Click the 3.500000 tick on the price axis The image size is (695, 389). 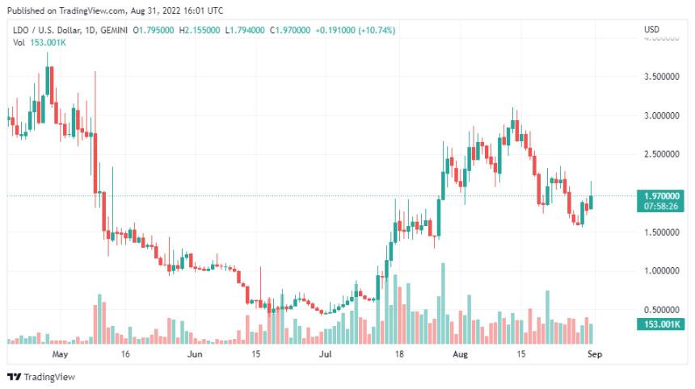pos(661,77)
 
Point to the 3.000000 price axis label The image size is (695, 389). pos(661,115)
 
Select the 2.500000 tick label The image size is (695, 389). pos(661,154)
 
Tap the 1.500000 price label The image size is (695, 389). pos(661,232)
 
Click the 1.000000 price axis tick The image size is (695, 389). pos(661,271)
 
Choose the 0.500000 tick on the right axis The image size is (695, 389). pos(661,310)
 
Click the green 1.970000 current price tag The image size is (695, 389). pos(661,195)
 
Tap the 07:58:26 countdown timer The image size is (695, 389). pos(661,206)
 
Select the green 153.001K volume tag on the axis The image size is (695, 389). pos(661,324)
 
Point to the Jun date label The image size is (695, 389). pos(194,353)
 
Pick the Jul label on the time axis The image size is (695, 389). pos(325,353)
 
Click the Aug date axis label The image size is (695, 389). pos(460,353)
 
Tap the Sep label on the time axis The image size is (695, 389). pos(595,353)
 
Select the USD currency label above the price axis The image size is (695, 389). pos(651,30)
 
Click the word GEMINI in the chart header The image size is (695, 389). pos(111,31)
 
